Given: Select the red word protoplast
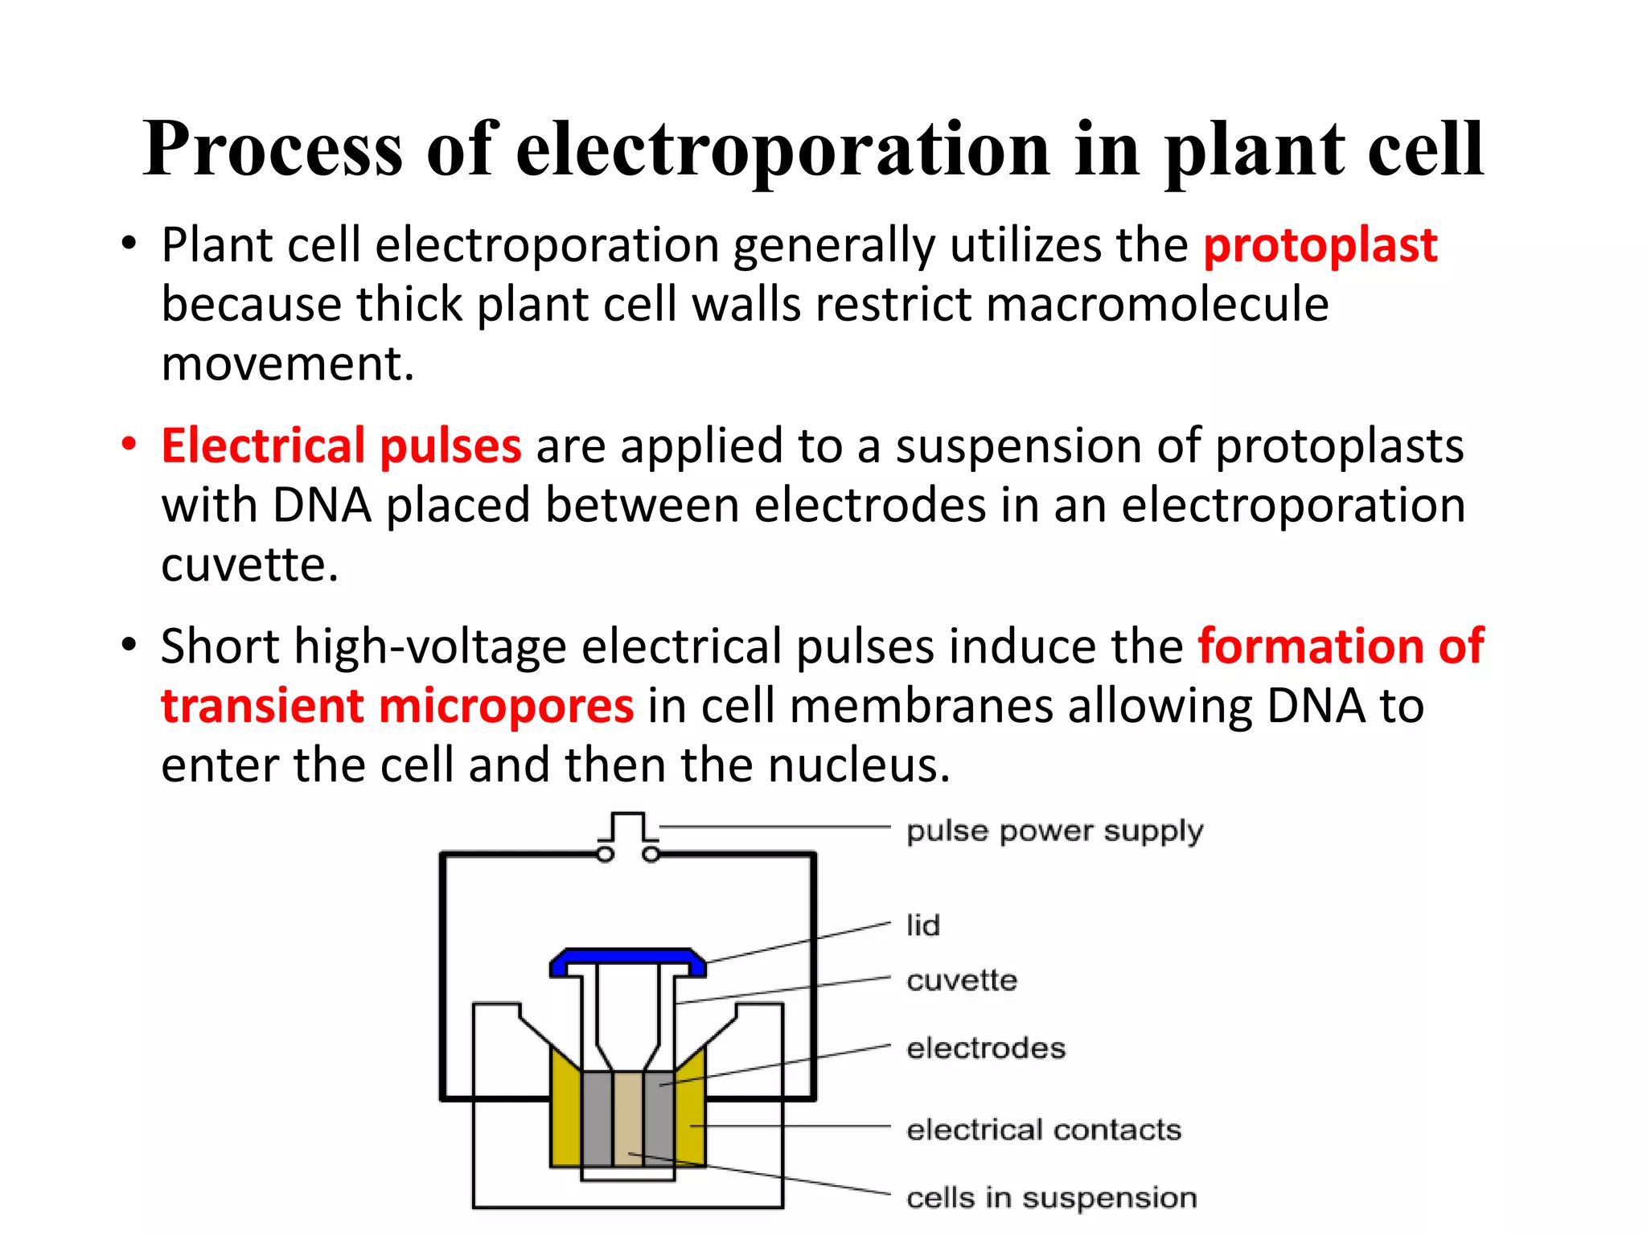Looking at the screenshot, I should click(x=1320, y=245).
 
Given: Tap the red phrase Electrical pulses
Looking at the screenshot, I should click(x=341, y=445).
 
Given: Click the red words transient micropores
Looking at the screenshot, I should click(x=397, y=706).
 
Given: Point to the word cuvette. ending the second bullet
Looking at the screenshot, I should click(x=249, y=564).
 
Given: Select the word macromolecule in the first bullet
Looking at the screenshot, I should click(x=1156, y=305).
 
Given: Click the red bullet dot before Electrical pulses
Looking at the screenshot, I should click(x=129, y=444).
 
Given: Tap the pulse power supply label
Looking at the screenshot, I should click(x=1054, y=831).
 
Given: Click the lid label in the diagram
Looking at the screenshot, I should click(x=922, y=925).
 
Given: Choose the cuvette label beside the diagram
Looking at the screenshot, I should click(x=962, y=980).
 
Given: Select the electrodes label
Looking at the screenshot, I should click(x=986, y=1048).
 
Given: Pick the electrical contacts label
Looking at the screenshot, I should click(x=1044, y=1130).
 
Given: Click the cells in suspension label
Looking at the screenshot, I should click(x=1051, y=1198).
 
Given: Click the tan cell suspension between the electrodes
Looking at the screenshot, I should click(x=627, y=1118).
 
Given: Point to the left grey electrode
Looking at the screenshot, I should click(x=597, y=1118).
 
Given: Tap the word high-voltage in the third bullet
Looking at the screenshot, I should click(x=430, y=646).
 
